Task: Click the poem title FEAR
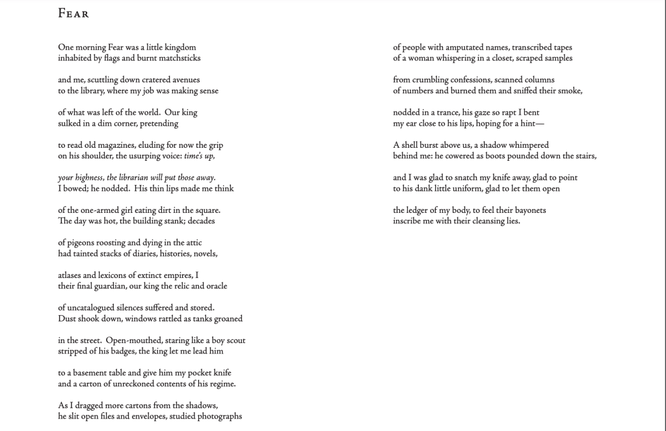73,14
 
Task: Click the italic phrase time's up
199,156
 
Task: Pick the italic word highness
89,178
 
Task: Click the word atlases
71,275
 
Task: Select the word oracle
215,286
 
